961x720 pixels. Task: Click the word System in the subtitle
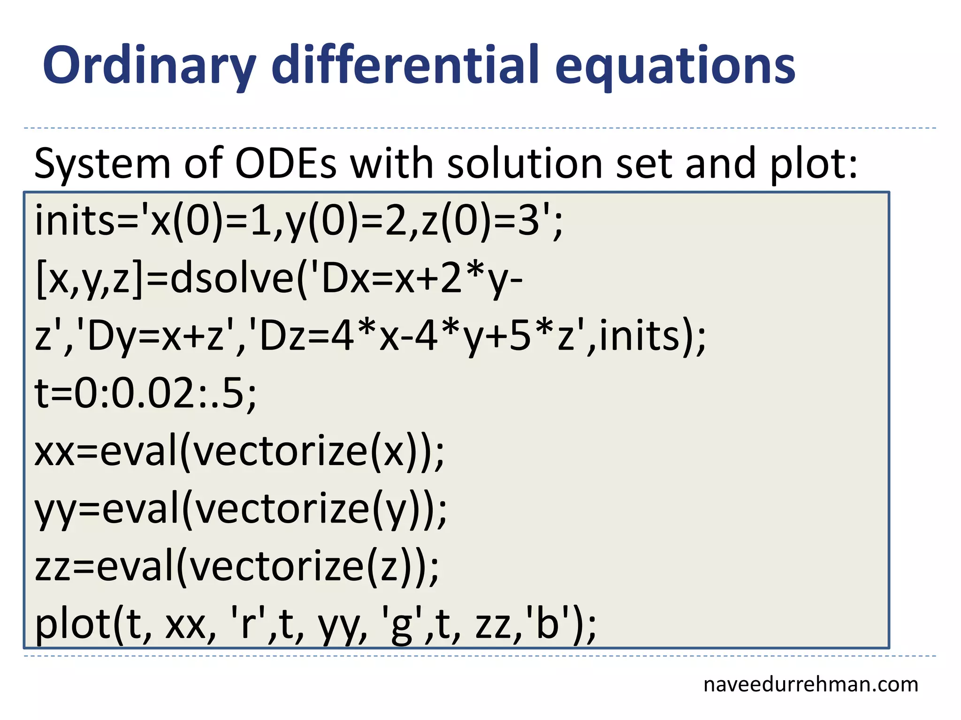(x=102, y=164)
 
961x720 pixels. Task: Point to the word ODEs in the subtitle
(x=286, y=164)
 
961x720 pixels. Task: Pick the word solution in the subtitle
(x=524, y=164)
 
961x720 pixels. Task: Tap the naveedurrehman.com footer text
(x=810, y=684)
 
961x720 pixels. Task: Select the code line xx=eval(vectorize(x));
(x=239, y=451)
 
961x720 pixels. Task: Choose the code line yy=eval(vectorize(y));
(x=241, y=509)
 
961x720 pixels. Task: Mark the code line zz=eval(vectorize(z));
(x=237, y=566)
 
